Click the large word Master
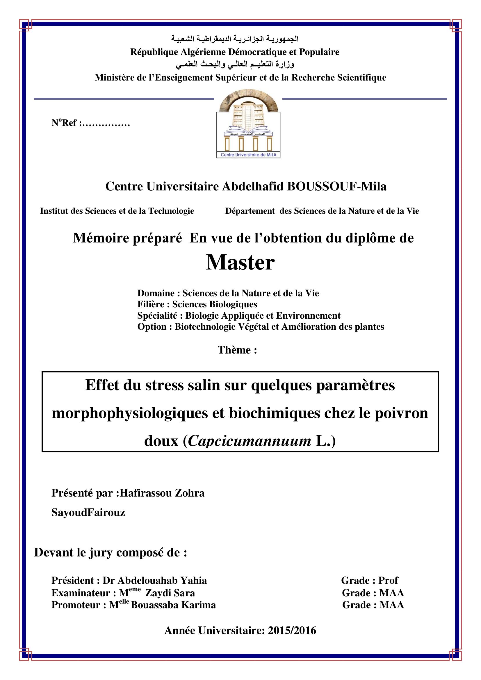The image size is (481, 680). coord(240,263)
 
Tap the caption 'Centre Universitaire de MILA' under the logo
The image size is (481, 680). coord(248,155)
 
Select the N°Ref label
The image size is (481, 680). coord(64,123)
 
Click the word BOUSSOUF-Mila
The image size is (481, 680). coord(337,187)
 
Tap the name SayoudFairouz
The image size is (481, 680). coord(88,513)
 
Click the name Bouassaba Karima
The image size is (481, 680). coord(173,605)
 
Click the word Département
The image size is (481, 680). coord(250,211)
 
